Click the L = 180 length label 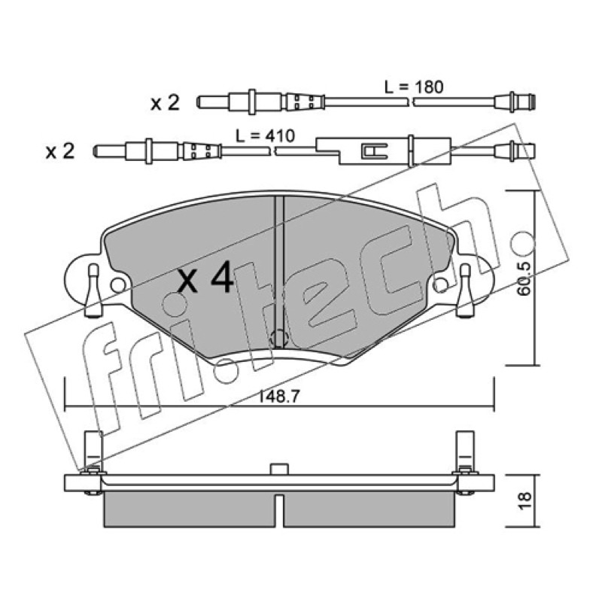click(414, 87)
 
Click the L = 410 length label click(265, 136)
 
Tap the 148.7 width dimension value click(279, 397)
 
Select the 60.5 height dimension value click(524, 278)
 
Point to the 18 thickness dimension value click(524, 500)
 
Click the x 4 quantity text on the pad click(205, 277)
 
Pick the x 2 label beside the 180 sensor click(165, 103)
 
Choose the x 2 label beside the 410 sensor click(60, 151)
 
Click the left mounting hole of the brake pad click(118, 285)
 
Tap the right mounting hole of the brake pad click(440, 284)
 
